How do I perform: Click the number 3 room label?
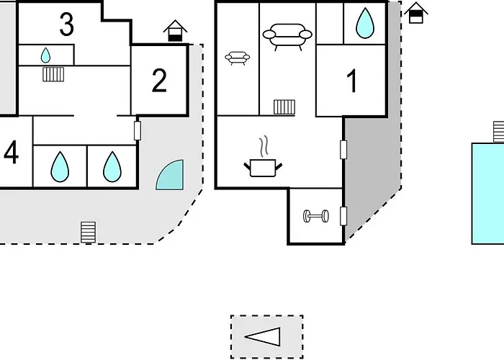click(x=67, y=24)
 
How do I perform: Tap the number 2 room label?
click(x=159, y=81)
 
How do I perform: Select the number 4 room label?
click(x=12, y=153)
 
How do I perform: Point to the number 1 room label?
click(x=352, y=81)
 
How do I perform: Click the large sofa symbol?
click(x=287, y=37)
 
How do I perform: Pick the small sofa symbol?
click(x=238, y=58)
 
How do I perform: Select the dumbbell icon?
click(x=316, y=216)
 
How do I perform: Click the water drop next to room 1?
click(x=365, y=23)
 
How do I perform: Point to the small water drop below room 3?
click(x=45, y=55)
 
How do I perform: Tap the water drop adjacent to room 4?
click(x=60, y=167)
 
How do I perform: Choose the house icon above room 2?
click(x=175, y=31)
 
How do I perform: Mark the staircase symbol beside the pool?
click(x=499, y=132)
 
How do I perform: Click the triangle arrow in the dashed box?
click(x=263, y=337)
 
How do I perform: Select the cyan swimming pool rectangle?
click(x=488, y=194)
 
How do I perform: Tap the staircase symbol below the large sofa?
click(x=284, y=107)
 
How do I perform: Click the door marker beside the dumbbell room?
click(x=343, y=216)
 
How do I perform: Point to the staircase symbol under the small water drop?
click(x=53, y=74)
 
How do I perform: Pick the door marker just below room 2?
click(x=138, y=130)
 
